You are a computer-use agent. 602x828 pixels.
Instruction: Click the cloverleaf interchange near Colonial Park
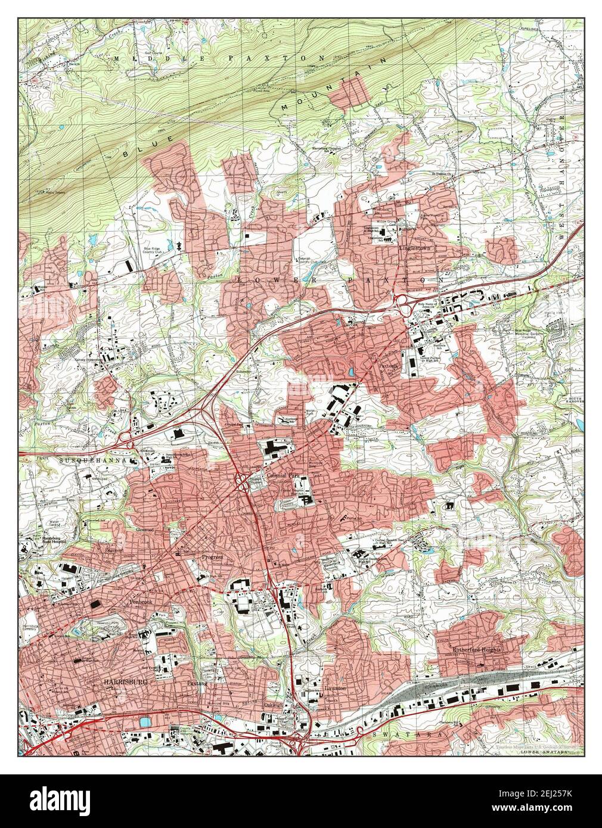(x=244, y=482)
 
